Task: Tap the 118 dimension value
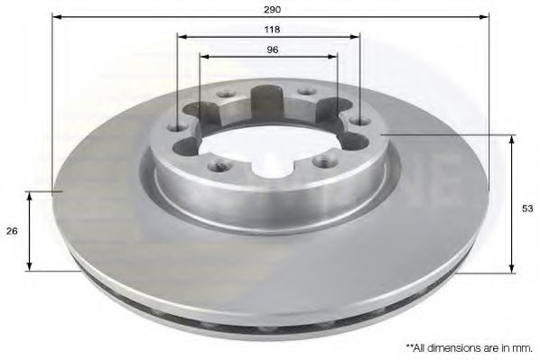[x=271, y=28]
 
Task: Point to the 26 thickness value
[x=12, y=231]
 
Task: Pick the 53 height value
[x=528, y=208]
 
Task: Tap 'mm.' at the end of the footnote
[x=523, y=346]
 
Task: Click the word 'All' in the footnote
[x=426, y=346]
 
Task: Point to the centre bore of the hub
[x=266, y=144]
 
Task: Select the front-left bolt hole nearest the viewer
[x=217, y=166]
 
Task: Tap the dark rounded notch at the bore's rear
[x=268, y=97]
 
